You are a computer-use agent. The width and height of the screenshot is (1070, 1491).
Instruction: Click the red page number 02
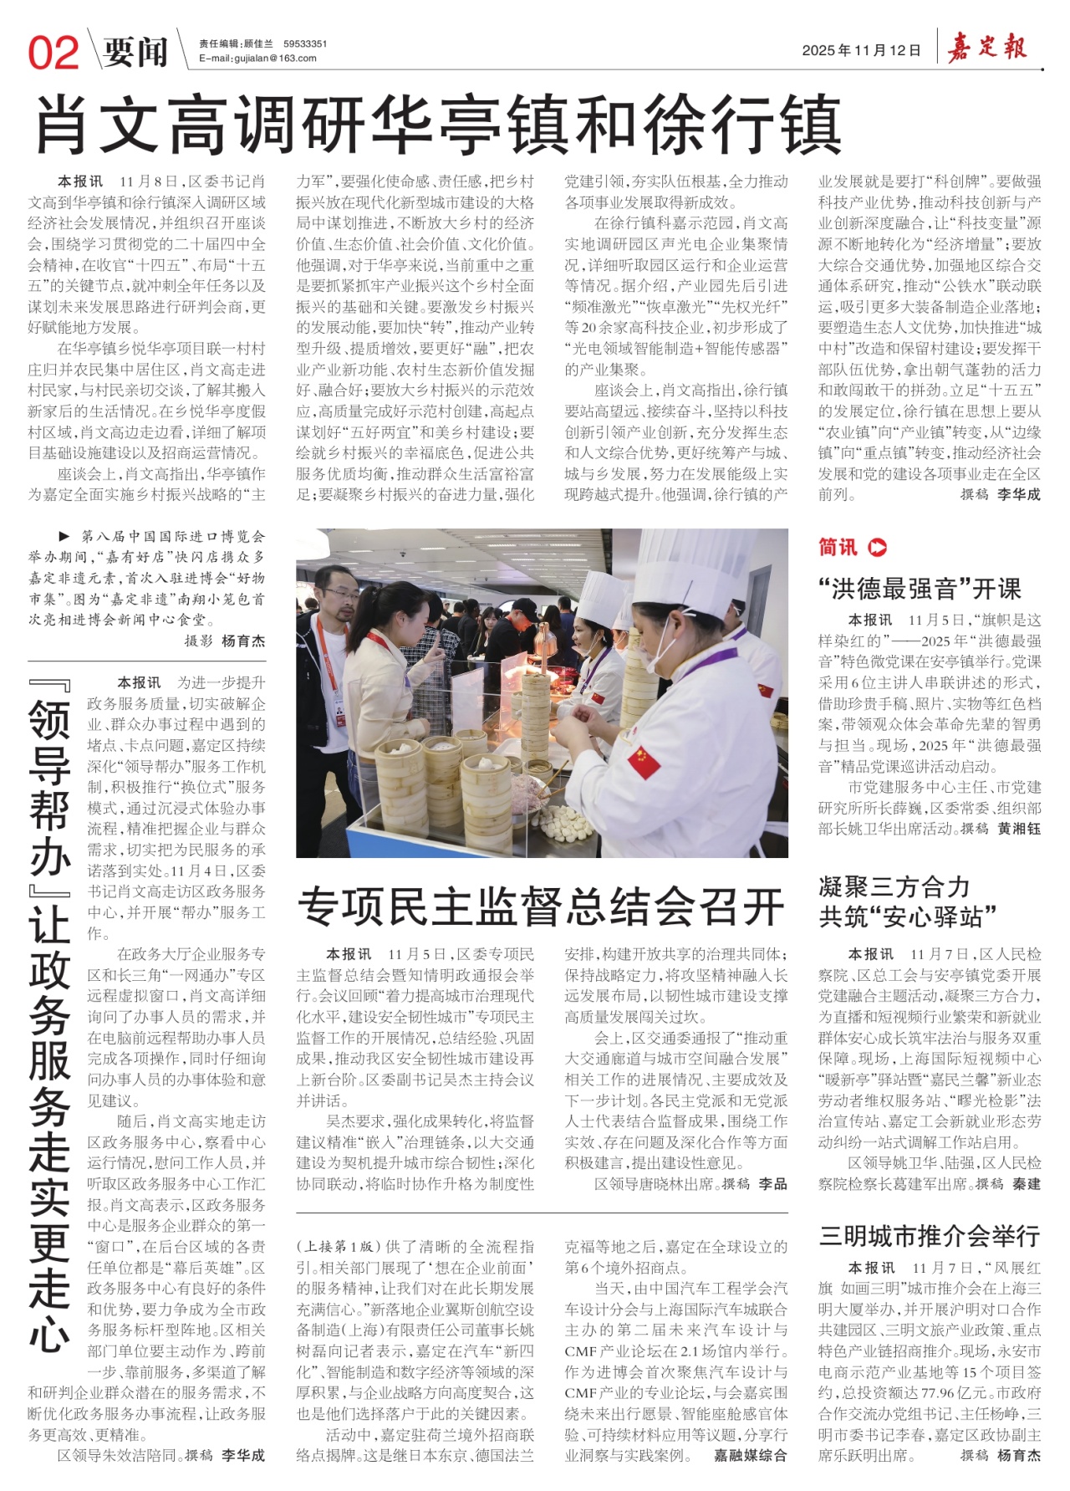[53, 52]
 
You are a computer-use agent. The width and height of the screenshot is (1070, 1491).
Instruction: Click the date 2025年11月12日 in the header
[861, 51]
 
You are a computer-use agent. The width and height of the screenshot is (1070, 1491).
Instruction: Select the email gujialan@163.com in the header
[257, 59]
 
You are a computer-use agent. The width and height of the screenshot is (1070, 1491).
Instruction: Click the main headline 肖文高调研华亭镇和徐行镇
[437, 125]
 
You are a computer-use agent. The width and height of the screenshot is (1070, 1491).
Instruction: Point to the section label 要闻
[135, 52]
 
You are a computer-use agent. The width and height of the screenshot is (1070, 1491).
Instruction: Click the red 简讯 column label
[838, 548]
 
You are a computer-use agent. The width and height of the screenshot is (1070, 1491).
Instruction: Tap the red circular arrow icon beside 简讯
[878, 548]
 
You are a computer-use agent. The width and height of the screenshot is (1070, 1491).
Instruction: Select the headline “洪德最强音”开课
[920, 589]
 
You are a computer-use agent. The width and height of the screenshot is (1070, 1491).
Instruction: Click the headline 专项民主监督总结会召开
[541, 907]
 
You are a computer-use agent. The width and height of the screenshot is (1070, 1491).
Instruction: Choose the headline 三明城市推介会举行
[929, 1235]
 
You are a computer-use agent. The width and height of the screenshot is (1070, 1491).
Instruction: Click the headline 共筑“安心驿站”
[908, 917]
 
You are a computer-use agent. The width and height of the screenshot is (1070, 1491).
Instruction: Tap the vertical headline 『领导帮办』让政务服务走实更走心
[50, 1020]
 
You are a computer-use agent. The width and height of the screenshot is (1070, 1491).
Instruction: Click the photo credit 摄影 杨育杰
[224, 641]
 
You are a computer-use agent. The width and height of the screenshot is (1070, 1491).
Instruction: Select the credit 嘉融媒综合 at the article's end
[750, 1455]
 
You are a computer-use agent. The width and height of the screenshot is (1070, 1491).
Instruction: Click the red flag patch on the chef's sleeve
[644, 760]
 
